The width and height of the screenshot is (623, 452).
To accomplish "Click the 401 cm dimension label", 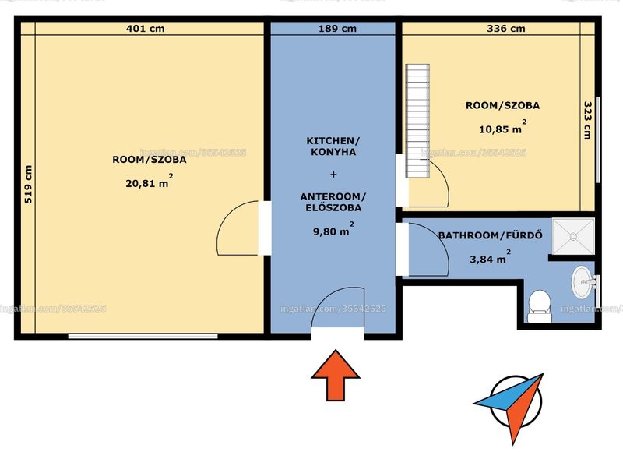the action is click(145, 29).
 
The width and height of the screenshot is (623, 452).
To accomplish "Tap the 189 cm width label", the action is click(337, 29).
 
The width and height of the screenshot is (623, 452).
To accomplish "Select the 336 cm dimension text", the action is click(505, 29).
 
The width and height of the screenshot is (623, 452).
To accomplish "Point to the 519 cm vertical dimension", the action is click(28, 184).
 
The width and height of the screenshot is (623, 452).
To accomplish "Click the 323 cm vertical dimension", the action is click(588, 120).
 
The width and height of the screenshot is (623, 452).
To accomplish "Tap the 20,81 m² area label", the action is click(149, 182).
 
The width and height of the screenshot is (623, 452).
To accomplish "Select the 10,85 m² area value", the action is click(502, 127).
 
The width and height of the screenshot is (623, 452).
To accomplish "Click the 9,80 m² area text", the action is click(333, 229).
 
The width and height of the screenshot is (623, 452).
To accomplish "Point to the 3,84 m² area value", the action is click(491, 257).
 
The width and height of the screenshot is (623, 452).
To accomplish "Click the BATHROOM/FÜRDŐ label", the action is click(491, 235).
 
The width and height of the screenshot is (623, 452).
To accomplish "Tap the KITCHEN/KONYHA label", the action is click(333, 147).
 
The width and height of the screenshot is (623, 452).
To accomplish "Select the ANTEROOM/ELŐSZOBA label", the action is click(333, 202).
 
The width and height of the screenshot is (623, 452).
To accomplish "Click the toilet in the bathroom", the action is click(539, 306).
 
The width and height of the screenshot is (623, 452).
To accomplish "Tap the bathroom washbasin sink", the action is click(583, 282).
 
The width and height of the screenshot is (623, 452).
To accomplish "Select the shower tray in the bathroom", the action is click(573, 236).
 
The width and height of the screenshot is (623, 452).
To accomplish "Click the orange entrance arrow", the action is click(336, 376).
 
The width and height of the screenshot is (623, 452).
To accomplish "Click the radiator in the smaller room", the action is click(417, 121).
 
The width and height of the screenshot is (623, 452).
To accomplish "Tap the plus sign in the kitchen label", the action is click(333, 174).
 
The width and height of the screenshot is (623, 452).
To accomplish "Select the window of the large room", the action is click(143, 337).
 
